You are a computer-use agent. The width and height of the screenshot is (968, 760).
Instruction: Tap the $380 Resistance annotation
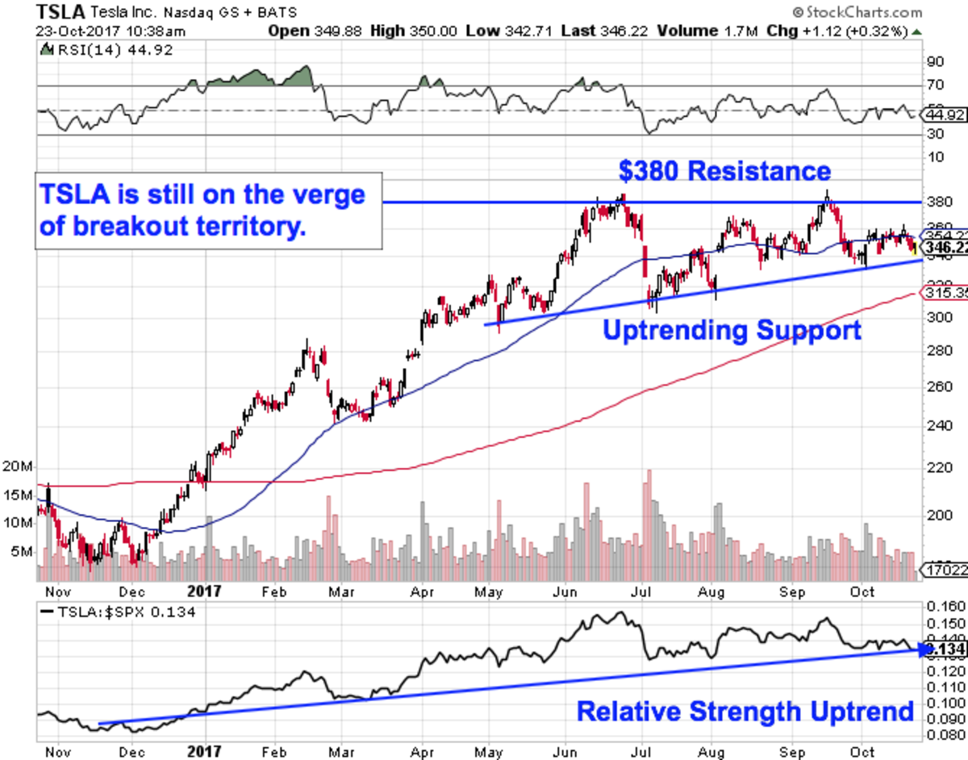click(x=724, y=171)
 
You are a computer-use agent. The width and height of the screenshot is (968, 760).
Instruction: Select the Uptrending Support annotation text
click(x=732, y=330)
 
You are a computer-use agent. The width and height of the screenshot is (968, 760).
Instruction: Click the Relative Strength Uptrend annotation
click(x=745, y=711)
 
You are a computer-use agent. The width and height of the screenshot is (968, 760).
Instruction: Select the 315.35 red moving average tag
click(x=945, y=293)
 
